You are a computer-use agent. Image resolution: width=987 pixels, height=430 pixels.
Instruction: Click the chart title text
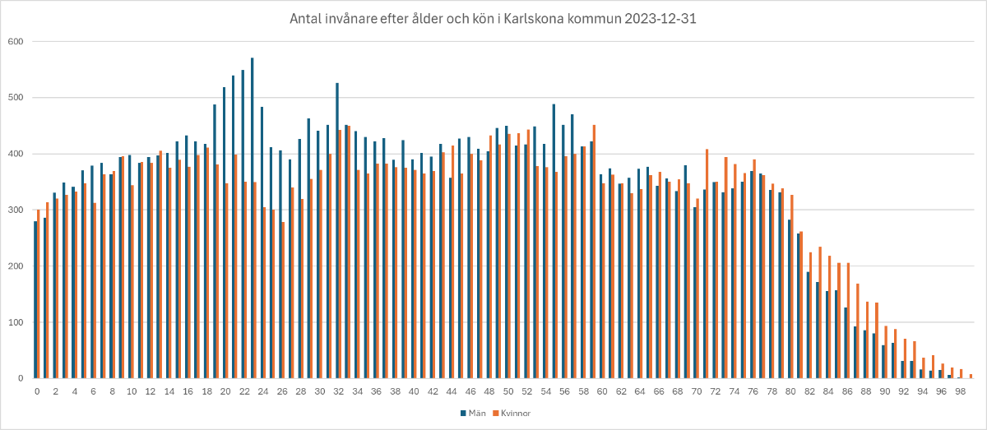tap(493, 18)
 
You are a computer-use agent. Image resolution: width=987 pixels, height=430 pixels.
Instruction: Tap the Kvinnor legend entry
tap(516, 413)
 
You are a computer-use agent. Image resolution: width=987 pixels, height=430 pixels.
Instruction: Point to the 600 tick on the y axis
tap(16, 42)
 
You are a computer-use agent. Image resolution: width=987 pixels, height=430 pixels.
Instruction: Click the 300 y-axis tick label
tap(16, 210)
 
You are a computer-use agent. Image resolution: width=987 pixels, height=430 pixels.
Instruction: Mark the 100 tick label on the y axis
tap(16, 322)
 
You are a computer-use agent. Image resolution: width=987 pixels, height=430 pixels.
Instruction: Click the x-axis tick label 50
tap(508, 391)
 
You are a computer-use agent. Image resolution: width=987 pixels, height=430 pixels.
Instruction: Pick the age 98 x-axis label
tap(961, 391)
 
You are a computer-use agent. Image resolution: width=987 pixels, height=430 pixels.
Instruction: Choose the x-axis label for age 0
tap(37, 391)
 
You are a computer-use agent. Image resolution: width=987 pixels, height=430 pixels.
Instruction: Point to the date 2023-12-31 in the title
tap(659, 18)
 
